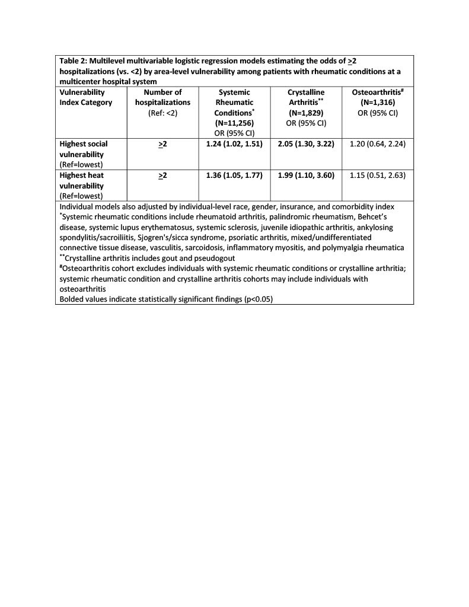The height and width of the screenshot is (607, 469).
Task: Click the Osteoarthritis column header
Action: [x=378, y=92]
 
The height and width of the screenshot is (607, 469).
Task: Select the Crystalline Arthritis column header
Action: [x=306, y=97]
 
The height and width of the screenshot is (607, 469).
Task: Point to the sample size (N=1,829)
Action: [x=306, y=113]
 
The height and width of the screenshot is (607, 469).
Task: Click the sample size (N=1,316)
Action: [x=378, y=102]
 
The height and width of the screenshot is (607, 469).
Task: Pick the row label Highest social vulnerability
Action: [x=84, y=149]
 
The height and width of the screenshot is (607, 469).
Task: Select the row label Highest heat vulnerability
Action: [x=84, y=181]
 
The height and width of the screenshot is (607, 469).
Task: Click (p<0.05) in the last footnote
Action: [x=259, y=299]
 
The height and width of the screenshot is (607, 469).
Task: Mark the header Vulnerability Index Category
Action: [x=86, y=97]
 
